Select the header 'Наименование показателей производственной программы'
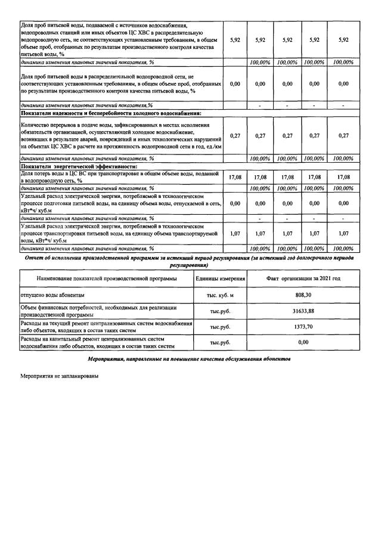tap(107, 278)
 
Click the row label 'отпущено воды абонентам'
tap(53, 295)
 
